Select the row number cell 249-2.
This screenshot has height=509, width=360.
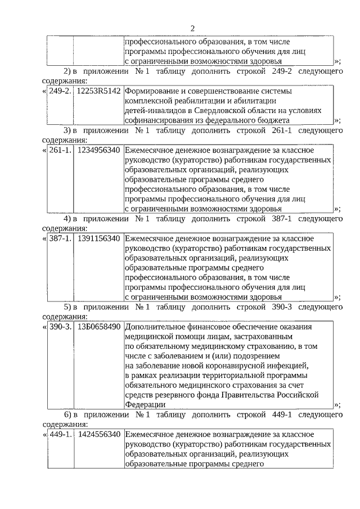(x=60, y=91)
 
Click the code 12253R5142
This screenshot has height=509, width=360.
(x=99, y=91)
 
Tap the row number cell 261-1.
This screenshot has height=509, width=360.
(x=60, y=150)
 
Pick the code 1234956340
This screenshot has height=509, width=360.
(x=99, y=150)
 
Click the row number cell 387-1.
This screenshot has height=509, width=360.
(x=60, y=238)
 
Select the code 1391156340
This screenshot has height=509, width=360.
(x=99, y=238)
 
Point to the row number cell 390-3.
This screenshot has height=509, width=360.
(x=60, y=327)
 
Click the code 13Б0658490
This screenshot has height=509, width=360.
(x=99, y=327)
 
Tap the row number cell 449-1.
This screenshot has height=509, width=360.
(x=60, y=435)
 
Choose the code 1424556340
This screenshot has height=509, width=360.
(x=99, y=435)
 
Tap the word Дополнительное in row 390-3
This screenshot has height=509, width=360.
(x=153, y=327)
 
